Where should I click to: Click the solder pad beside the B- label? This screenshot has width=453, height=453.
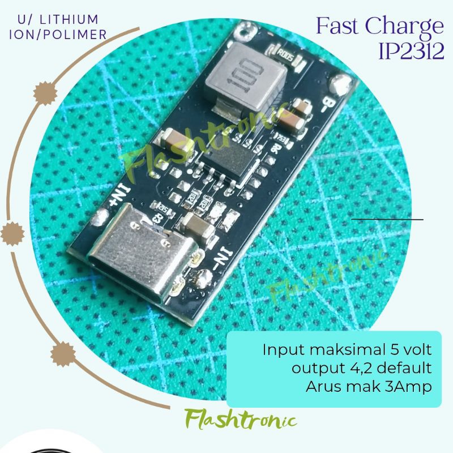[x=342, y=85]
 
